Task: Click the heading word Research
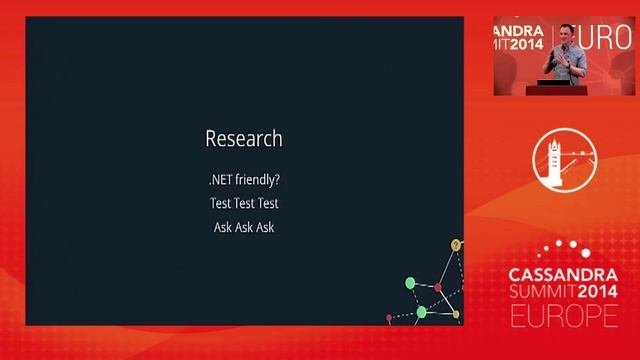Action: click(244, 138)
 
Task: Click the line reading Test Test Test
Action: click(244, 204)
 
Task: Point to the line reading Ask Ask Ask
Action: click(244, 227)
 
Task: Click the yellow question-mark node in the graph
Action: click(456, 245)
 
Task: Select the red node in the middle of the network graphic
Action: click(437, 288)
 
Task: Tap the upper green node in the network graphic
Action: click(410, 283)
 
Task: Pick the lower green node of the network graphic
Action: click(421, 312)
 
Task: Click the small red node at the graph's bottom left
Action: click(389, 318)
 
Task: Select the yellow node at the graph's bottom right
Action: click(456, 314)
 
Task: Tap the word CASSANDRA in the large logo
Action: click(563, 274)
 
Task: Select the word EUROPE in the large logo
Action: click(563, 316)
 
